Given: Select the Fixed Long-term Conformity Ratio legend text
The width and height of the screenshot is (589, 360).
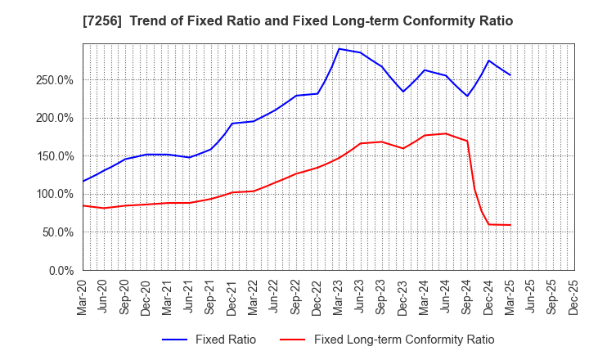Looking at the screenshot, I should coord(404,340).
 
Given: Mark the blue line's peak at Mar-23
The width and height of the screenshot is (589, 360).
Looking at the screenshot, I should coord(339,48).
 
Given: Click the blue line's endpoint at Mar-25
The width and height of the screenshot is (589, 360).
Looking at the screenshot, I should coord(510,75).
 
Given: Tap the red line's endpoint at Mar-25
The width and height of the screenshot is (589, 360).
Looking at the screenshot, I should coord(510,225).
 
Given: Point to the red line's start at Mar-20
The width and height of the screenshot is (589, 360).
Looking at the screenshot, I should coord(83,205).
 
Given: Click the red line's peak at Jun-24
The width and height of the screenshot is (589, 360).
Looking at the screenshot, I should coord(446,133).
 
